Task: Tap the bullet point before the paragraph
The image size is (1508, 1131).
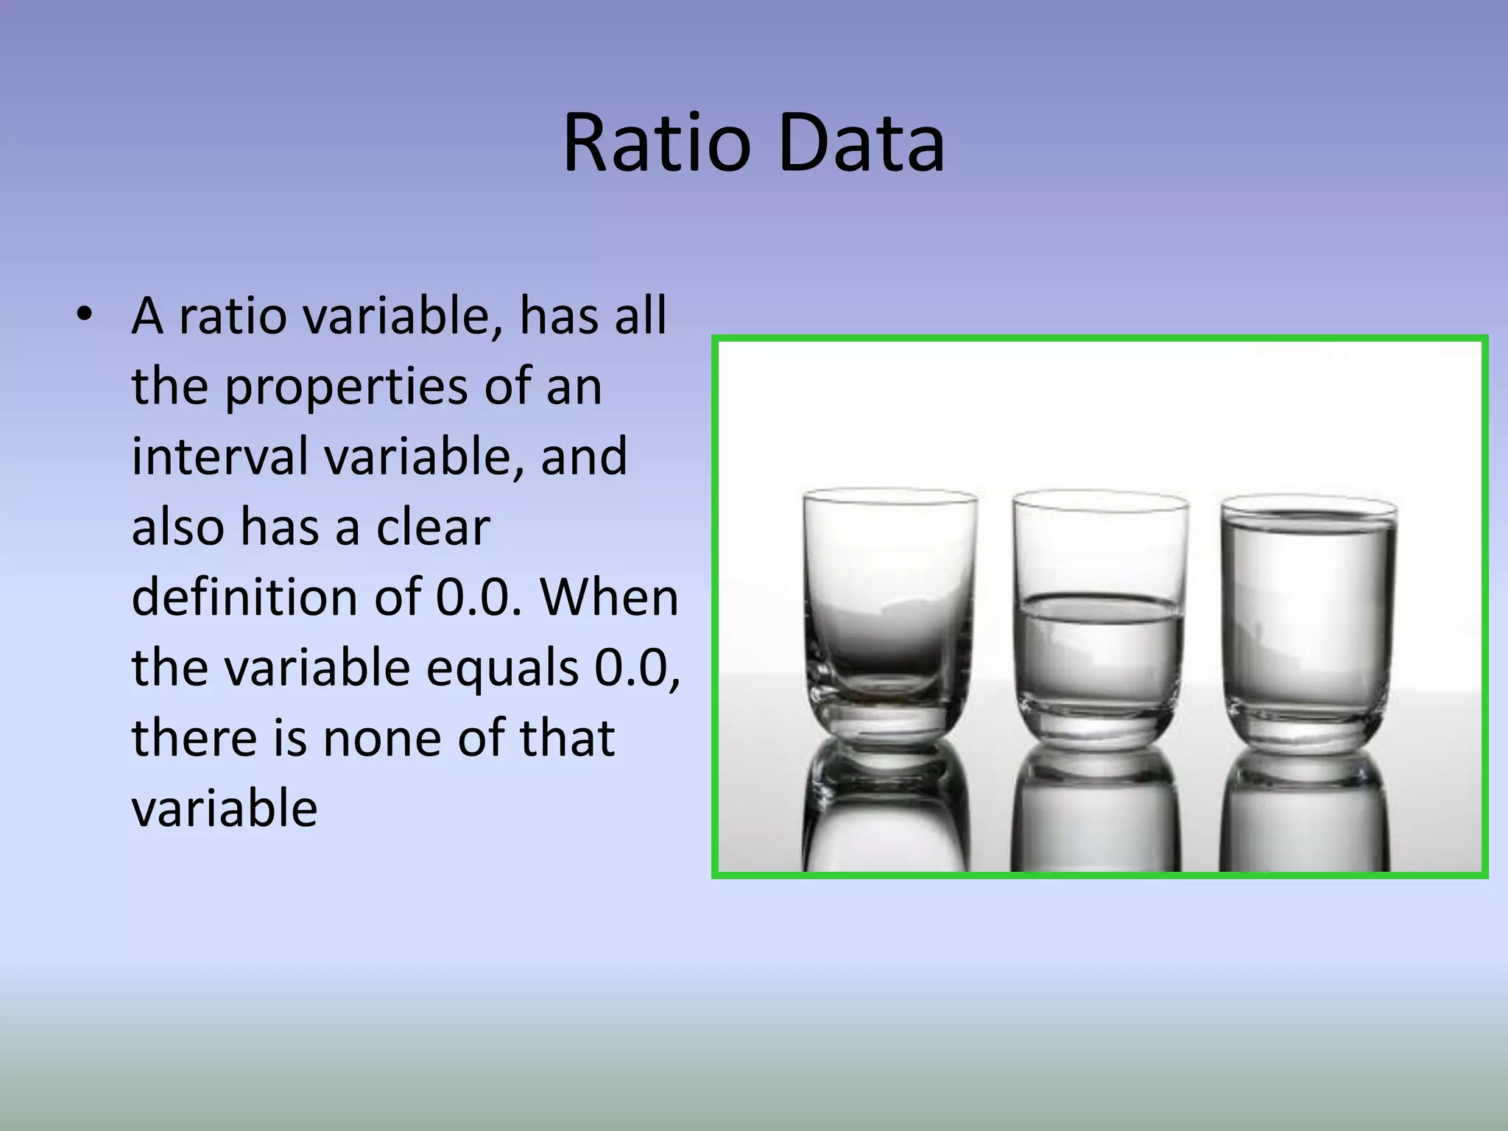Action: pos(85,315)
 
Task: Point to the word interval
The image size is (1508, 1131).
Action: pos(219,457)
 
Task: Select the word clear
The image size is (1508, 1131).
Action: pos(433,527)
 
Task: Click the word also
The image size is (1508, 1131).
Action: pos(177,527)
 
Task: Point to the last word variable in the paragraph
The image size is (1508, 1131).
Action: pos(224,808)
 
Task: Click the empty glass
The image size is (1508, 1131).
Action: pos(889,611)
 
